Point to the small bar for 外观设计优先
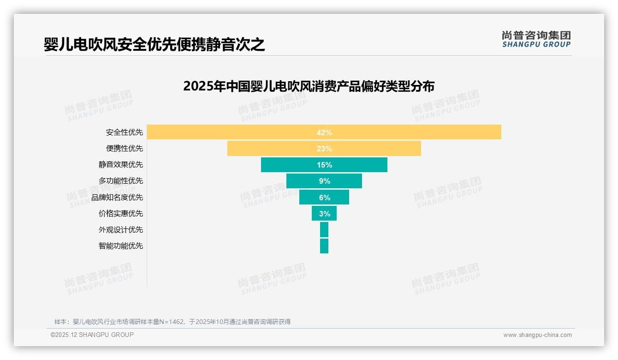coord(324,230)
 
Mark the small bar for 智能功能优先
coord(324,246)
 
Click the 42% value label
coord(324,132)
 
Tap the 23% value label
coord(324,149)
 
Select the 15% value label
coord(324,165)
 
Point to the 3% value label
coord(325,214)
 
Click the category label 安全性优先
coord(125,132)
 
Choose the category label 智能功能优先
coord(121,246)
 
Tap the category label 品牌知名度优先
coord(117,198)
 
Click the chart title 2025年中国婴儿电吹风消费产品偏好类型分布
coord(309,86)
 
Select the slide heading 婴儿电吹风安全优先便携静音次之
coord(154,44)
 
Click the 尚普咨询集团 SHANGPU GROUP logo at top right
coord(536,39)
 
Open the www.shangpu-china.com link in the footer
coord(537,335)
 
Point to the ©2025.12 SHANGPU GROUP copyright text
coord(92,335)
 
